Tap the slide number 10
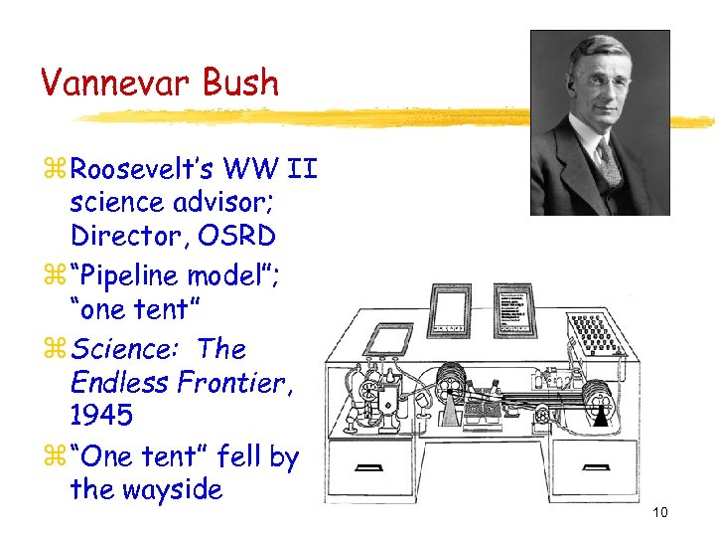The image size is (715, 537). click(660, 512)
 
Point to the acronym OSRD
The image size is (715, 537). click(239, 237)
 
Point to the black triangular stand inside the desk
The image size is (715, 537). click(599, 418)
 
